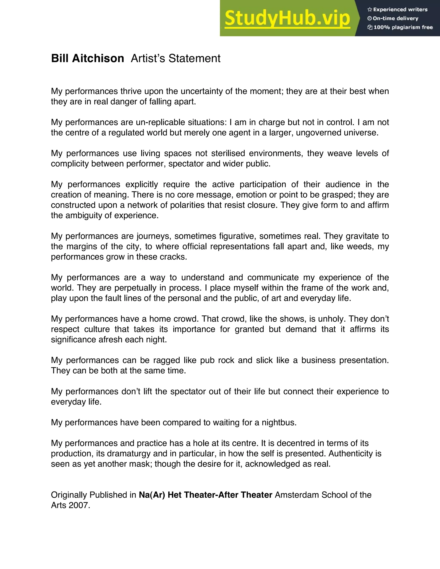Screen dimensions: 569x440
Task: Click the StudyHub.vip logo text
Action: [x=287, y=18]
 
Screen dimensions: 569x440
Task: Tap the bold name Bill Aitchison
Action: [x=87, y=58]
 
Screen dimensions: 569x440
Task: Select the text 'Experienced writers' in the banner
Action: [x=400, y=9]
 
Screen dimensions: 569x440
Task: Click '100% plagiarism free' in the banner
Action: [x=403, y=27]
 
